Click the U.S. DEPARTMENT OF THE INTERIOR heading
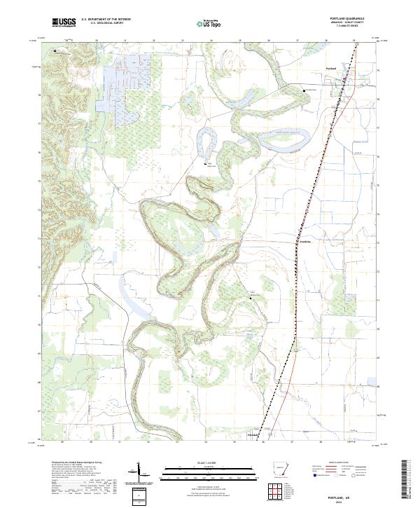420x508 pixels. pyautogui.click(x=106, y=19)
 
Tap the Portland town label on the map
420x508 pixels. pyautogui.click(x=331, y=68)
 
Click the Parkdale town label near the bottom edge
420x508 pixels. pyautogui.click(x=253, y=435)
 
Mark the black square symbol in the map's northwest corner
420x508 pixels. pyautogui.click(x=54, y=50)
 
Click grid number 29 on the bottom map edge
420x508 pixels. pyautogui.click(x=62, y=442)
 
